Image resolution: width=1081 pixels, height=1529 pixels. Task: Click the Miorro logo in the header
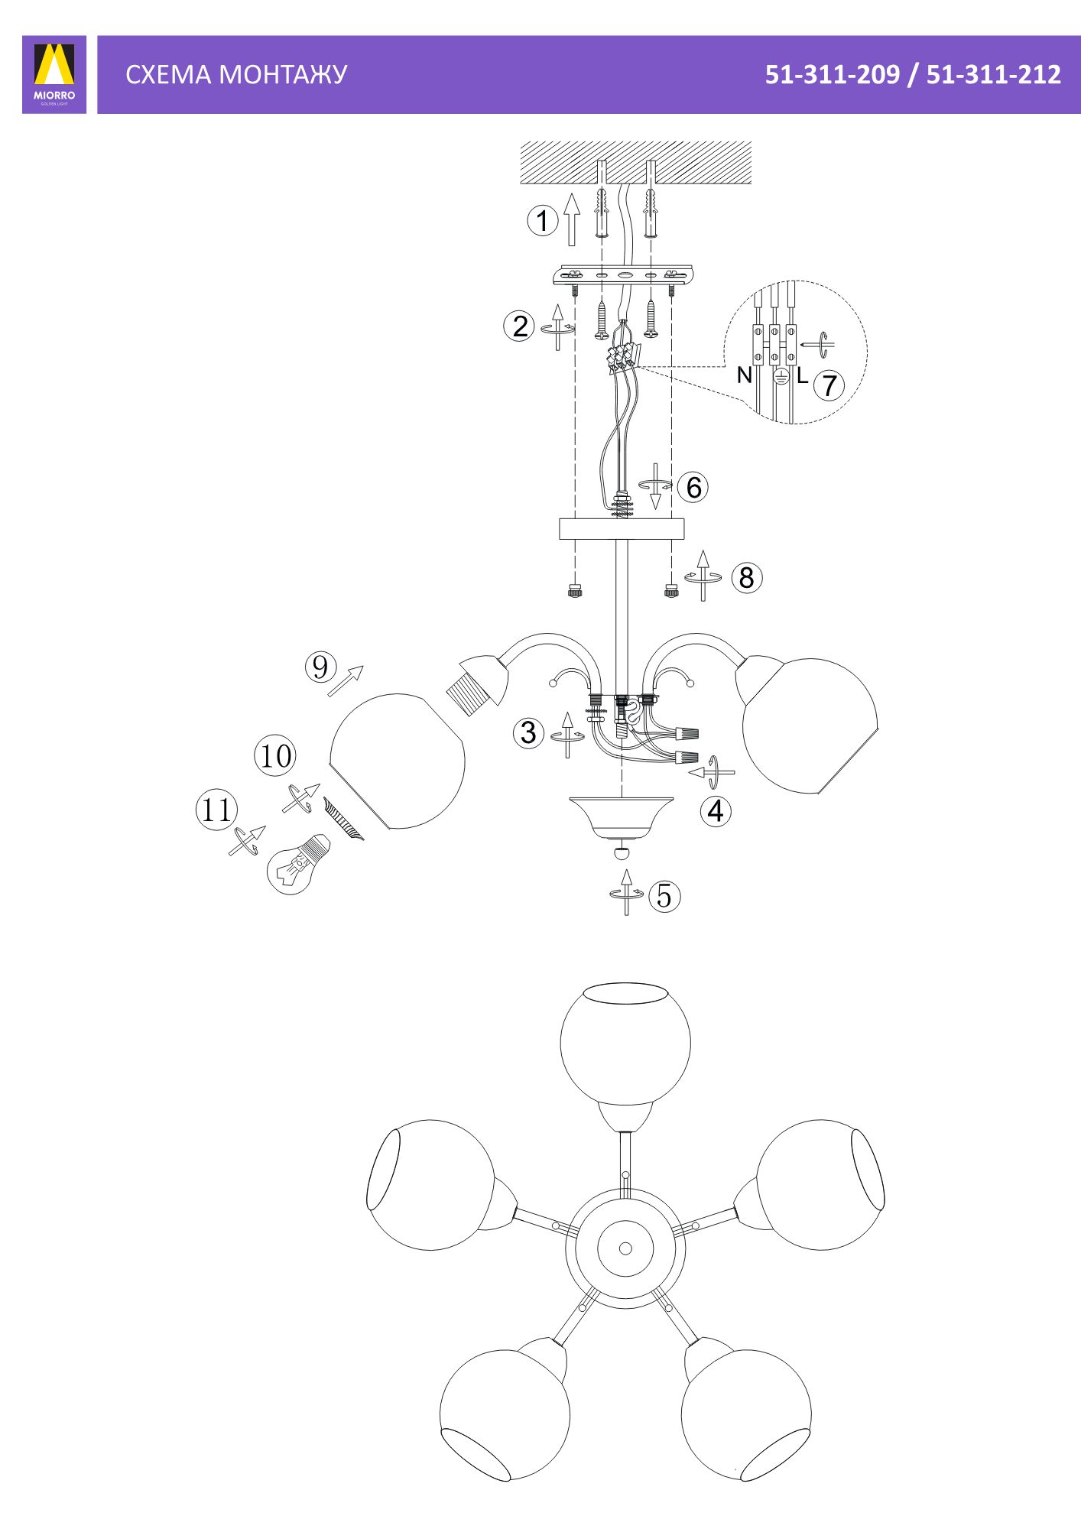pos(54,74)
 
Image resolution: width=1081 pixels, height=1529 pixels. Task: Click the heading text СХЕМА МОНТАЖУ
pos(236,74)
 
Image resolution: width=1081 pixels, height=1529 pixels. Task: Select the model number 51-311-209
pos(833,74)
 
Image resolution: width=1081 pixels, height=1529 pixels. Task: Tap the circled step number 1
pos(542,221)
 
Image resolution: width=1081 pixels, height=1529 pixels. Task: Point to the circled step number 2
pos(519,326)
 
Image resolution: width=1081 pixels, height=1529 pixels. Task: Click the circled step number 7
pos(829,385)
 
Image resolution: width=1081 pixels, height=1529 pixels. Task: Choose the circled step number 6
pos(693,487)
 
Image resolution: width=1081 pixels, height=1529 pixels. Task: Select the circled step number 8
pos(746,577)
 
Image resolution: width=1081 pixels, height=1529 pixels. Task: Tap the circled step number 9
pos(320,667)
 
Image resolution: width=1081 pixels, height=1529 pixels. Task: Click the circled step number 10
pos(275,755)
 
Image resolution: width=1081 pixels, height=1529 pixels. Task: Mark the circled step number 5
pos(664,895)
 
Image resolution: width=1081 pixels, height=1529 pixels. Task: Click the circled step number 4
pos(716,810)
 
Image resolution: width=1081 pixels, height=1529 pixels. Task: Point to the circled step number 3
pos(528,732)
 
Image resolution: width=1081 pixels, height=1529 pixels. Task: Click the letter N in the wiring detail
pos(744,375)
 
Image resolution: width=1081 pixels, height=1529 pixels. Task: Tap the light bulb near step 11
pos(297,863)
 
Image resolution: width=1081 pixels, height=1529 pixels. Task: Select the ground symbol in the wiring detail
pos(780,375)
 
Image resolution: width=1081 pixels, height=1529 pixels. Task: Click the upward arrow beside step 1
pos(571,219)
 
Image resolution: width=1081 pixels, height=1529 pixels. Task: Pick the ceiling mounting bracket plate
pos(623,274)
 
